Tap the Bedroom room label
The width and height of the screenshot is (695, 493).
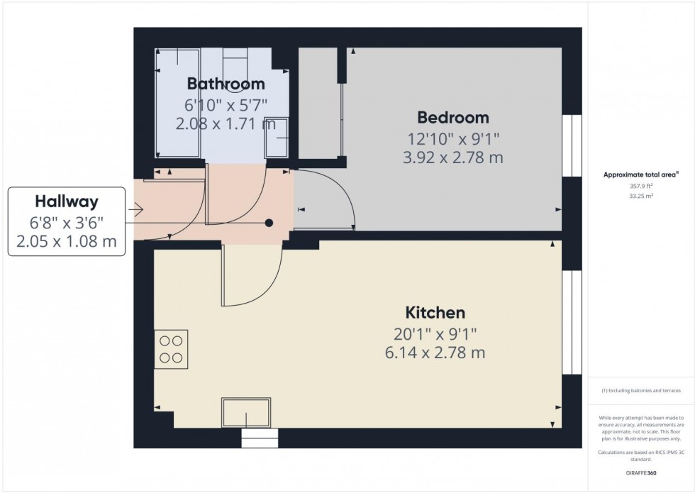(452, 118)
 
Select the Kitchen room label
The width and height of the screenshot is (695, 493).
(435, 312)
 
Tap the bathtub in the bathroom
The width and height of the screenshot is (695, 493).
(178, 103)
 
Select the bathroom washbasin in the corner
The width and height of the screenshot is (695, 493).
(277, 138)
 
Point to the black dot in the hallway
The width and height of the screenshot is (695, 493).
(269, 223)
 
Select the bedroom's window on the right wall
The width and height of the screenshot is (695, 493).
(572, 145)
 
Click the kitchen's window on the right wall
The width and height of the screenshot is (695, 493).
(572, 323)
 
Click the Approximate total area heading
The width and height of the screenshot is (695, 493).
(640, 174)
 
